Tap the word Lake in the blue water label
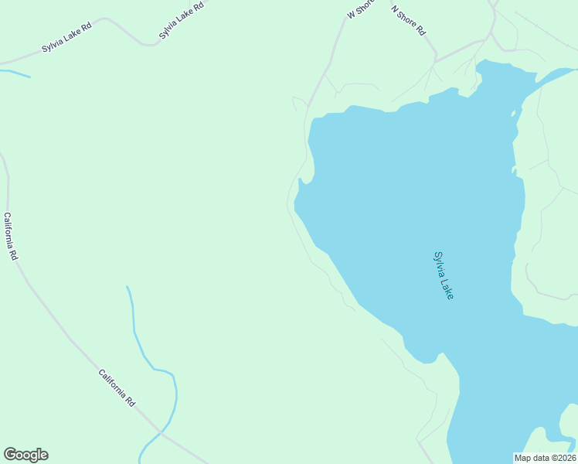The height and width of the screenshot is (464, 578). click(447, 289)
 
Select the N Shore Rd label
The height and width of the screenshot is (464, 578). click(409, 21)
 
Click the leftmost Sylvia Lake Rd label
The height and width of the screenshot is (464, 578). click(66, 42)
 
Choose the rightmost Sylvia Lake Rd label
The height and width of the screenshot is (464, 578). click(182, 20)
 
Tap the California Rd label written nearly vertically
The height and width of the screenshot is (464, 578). click(10, 236)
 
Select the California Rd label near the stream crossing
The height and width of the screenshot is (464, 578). click(117, 387)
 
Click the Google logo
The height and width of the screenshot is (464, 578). click(25, 455)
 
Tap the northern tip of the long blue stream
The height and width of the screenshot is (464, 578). click(127, 288)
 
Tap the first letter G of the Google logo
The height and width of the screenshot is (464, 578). click(10, 455)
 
